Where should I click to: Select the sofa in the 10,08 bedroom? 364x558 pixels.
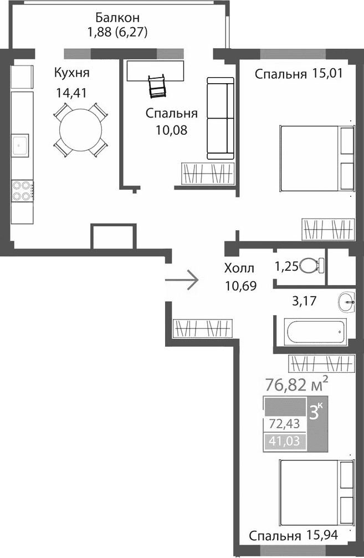(221, 118)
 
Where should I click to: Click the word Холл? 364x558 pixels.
(239, 269)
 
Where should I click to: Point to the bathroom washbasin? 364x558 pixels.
(347, 303)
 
